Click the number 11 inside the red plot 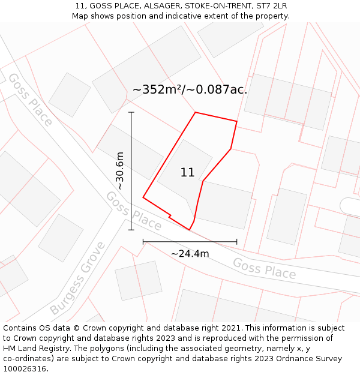point(187,173)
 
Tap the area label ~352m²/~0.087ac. point(190,90)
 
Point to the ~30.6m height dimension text point(120,171)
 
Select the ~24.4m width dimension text point(190,254)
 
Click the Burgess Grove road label point(77,278)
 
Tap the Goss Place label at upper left point(29,99)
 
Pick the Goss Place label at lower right point(264,269)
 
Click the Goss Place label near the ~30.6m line point(133,211)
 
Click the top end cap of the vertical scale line point(131,112)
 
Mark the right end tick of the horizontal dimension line point(237,242)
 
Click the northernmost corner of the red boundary point(195,112)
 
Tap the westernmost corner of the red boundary point(143,197)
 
